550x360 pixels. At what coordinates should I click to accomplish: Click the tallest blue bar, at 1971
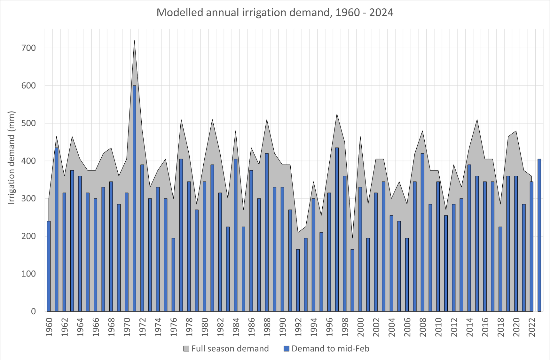pos(134,198)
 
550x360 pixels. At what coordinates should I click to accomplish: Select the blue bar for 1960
pos(49,266)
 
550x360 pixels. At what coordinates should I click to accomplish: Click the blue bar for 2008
pos(422,232)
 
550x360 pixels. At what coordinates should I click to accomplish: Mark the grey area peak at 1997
pos(337,114)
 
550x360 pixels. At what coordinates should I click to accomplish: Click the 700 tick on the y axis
pos(29,48)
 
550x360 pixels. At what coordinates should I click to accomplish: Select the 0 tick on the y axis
pos(33,311)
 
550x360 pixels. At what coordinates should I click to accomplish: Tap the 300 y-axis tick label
pos(29,199)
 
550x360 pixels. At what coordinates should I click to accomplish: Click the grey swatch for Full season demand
pos(187,348)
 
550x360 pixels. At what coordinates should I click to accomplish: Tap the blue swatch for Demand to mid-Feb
pos(287,348)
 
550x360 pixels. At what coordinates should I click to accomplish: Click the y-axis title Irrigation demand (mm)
pos(12,157)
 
